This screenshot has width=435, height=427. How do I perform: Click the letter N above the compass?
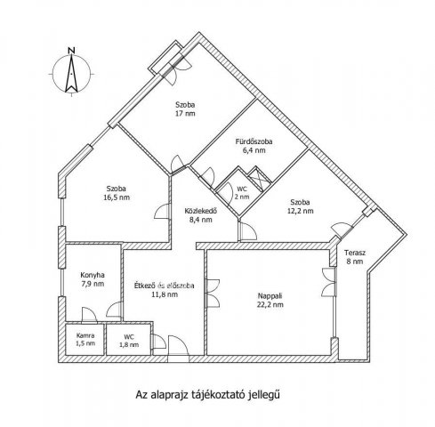point(71,50)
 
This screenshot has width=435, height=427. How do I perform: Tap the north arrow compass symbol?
point(71,74)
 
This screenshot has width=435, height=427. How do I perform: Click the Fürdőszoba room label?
point(254,141)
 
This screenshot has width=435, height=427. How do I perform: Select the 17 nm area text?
point(185,113)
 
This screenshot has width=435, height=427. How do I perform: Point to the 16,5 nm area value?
point(117,197)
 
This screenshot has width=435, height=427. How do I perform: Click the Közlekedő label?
point(201,211)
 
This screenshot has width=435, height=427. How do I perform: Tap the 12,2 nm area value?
point(300,211)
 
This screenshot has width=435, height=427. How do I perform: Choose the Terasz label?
point(355,253)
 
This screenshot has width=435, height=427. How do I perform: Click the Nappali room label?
point(270,295)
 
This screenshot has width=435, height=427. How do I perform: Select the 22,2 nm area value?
point(270,304)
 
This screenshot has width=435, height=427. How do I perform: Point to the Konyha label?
point(93,275)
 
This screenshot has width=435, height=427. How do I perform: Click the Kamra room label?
point(85,335)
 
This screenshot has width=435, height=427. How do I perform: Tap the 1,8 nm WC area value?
point(129,345)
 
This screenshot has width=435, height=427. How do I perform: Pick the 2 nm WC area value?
point(242,197)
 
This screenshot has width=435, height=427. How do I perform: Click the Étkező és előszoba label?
point(164,286)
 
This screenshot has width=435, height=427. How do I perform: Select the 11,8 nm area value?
point(165,294)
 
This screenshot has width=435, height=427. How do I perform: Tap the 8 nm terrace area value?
point(353,262)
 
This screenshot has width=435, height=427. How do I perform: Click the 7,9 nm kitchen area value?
point(93,284)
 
